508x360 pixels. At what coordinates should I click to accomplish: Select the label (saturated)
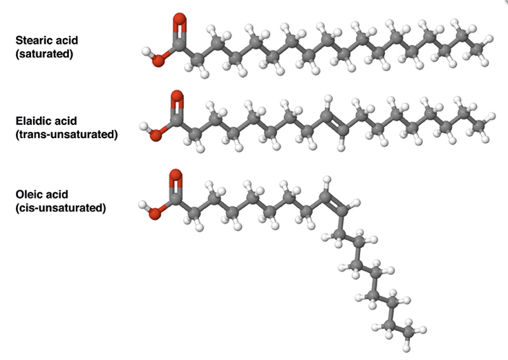coord(44,53)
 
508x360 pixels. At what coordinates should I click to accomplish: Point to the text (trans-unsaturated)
coord(66,134)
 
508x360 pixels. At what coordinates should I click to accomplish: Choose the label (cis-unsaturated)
coord(61,208)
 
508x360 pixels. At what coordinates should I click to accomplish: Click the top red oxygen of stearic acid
coord(180,19)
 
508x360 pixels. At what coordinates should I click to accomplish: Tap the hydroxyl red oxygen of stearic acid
coord(159,61)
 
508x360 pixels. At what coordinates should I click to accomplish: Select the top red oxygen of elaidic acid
coord(177,96)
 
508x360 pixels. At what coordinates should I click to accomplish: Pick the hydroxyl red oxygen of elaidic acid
coord(156,135)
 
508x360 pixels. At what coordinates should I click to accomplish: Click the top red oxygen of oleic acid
coord(176,175)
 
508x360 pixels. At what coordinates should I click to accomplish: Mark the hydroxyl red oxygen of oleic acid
coord(155,214)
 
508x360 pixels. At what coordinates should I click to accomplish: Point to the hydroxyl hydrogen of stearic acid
coord(147,52)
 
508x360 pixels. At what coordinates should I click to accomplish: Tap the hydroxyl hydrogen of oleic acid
coord(143,205)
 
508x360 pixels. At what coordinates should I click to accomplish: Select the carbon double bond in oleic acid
coord(333,204)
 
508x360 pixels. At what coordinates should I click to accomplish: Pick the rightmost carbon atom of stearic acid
coord(477,49)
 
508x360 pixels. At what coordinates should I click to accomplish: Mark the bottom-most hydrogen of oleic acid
coord(407,349)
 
